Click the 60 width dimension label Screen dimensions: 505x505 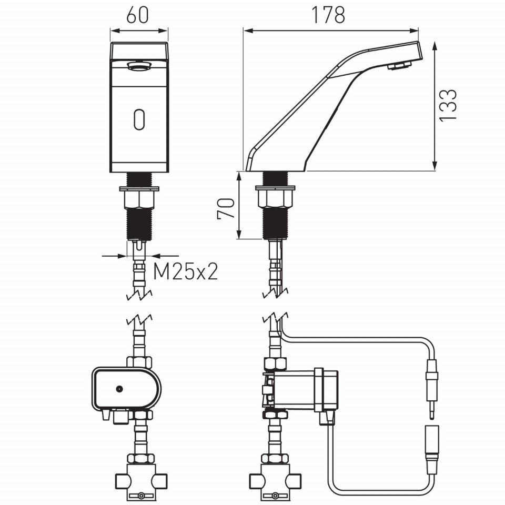tap(137, 15)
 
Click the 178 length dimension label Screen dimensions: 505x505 tap(328, 15)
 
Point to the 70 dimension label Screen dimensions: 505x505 tap(226, 208)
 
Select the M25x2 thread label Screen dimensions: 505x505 tap(186, 271)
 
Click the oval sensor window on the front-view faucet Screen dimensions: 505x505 tap(139, 119)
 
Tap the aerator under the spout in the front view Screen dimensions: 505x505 tap(139, 66)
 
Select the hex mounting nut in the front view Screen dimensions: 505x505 tap(139, 200)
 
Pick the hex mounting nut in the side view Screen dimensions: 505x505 tap(275, 199)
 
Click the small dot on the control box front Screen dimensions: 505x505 tap(119, 389)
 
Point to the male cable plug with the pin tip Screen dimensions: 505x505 tap(431, 389)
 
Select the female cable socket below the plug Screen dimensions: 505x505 tap(432, 450)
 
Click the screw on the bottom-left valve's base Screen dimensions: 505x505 tap(141, 496)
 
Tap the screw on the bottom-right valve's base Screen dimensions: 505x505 tap(275, 496)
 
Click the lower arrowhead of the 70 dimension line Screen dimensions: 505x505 tap(239, 234)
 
